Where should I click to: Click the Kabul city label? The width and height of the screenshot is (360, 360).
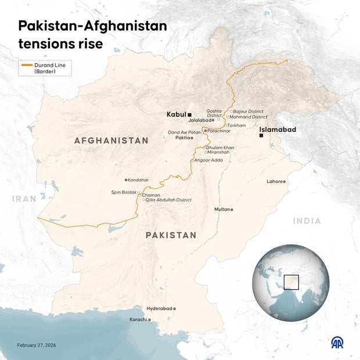click(x=176, y=114)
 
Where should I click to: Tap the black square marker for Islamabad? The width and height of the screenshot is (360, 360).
click(x=261, y=136)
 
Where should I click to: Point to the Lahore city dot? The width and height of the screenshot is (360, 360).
click(x=285, y=182)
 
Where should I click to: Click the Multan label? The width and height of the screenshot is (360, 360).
click(x=221, y=209)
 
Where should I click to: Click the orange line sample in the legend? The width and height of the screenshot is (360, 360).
click(x=27, y=65)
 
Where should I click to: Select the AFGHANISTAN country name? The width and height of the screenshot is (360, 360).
click(x=111, y=141)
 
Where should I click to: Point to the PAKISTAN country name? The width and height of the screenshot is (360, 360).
click(x=171, y=235)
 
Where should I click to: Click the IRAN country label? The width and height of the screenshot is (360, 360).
click(x=24, y=199)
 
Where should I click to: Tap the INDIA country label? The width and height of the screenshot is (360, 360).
click(x=307, y=221)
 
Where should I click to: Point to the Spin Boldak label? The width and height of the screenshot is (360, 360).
click(x=124, y=192)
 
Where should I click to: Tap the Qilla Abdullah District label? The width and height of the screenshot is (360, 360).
click(x=169, y=200)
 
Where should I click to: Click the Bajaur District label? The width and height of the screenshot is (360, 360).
click(x=248, y=111)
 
